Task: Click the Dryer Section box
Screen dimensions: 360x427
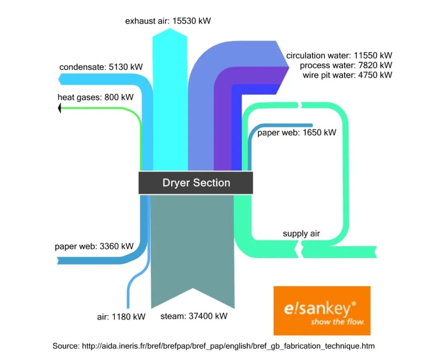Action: (x=196, y=183)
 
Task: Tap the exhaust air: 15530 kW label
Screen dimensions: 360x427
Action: (x=168, y=21)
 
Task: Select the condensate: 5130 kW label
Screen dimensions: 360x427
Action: (x=101, y=67)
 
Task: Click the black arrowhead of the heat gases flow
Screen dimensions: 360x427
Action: (x=59, y=108)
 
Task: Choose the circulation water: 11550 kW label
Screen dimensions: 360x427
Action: (x=339, y=56)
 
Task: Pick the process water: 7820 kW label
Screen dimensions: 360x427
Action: (x=346, y=65)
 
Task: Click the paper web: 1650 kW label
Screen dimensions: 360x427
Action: (x=297, y=132)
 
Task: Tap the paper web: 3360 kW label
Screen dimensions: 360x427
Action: (x=94, y=246)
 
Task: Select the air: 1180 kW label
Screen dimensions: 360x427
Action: (x=121, y=317)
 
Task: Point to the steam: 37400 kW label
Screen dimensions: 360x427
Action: (x=194, y=316)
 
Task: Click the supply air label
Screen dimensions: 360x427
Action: (x=301, y=234)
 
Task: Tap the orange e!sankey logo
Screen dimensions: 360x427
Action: (x=322, y=310)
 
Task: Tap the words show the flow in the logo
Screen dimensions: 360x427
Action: (x=337, y=322)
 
